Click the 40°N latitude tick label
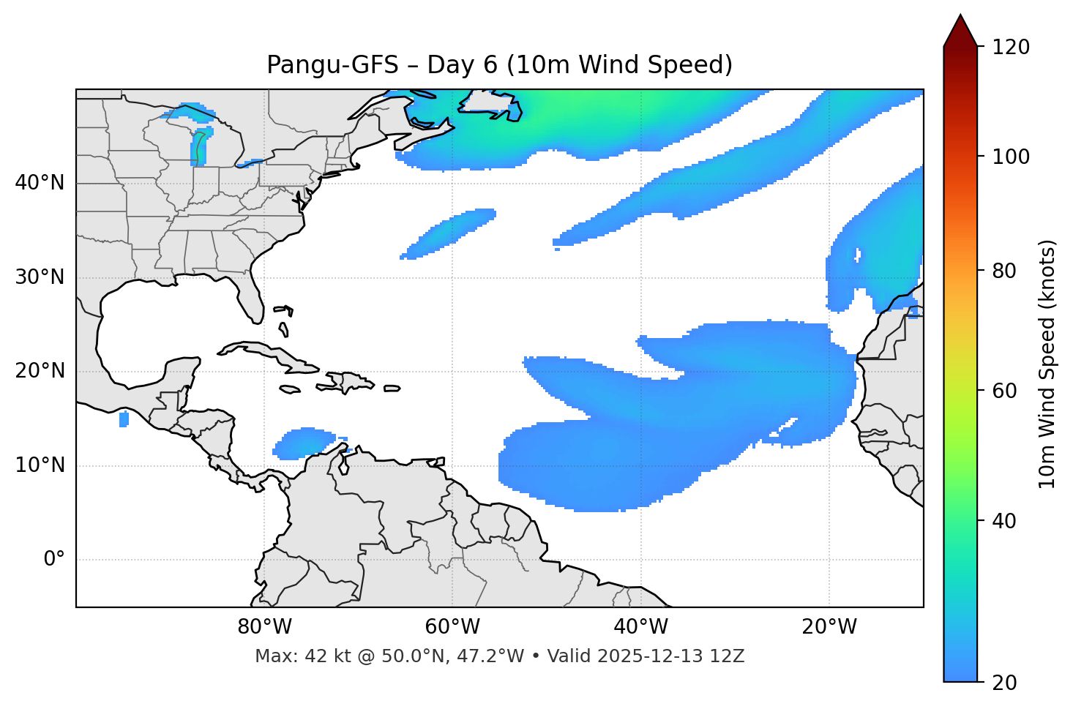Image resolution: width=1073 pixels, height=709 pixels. click(x=40, y=183)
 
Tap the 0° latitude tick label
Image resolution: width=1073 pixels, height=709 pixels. click(x=54, y=560)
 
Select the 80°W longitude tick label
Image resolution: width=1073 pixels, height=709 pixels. click(x=264, y=627)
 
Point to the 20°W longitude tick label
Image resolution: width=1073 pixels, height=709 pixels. click(x=829, y=627)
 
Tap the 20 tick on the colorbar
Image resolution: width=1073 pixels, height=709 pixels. click(x=1005, y=683)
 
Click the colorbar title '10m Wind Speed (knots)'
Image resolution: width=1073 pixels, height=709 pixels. click(x=1047, y=364)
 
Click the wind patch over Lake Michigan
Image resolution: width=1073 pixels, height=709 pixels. click(x=199, y=146)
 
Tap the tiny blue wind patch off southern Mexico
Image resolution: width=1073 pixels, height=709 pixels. click(x=124, y=419)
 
